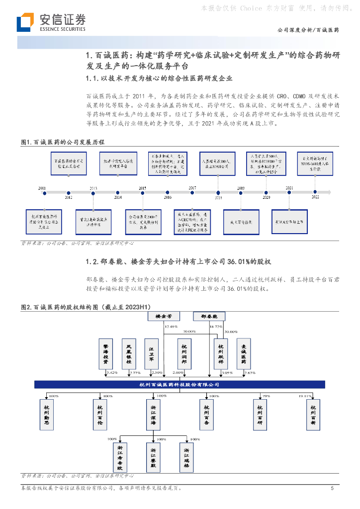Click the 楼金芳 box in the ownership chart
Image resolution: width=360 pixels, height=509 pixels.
(164, 316)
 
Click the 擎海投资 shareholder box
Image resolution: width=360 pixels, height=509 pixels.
(106, 354)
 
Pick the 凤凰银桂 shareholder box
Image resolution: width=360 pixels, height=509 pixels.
(129, 354)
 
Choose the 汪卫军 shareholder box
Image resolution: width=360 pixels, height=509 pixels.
(152, 354)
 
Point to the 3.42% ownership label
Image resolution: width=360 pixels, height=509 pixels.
(112, 372)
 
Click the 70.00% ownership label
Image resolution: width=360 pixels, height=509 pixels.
(189, 331)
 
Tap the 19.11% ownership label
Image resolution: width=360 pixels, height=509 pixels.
(304, 396)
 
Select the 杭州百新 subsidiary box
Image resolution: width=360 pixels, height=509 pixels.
(314, 415)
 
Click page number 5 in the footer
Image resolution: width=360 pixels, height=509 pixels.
(332, 489)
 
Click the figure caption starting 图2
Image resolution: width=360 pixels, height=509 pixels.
(85, 308)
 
